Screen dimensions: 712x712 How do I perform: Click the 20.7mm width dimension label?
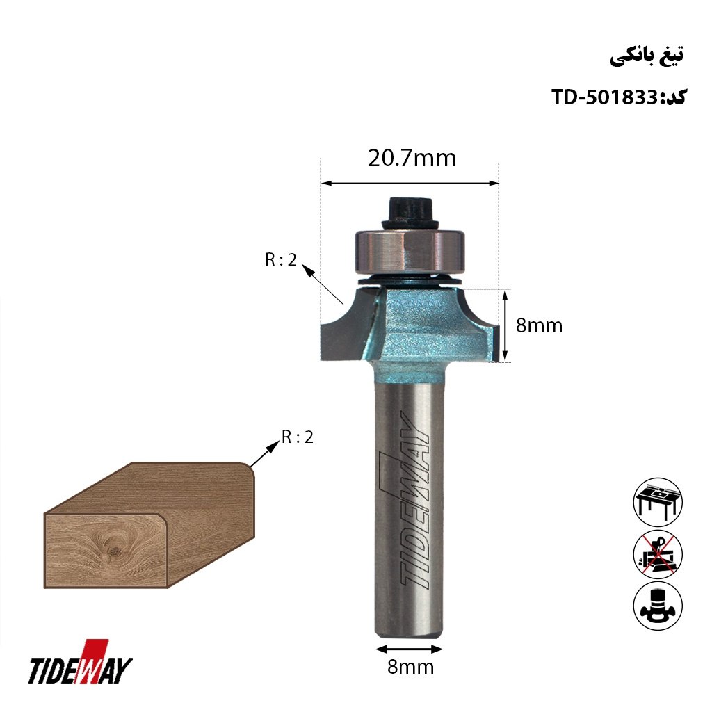(412, 159)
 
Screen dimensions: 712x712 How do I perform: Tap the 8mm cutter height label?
(539, 325)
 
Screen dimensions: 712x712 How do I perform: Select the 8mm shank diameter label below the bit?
(410, 667)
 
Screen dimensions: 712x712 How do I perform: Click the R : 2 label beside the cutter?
(281, 260)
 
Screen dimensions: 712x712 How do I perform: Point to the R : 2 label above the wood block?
(298, 437)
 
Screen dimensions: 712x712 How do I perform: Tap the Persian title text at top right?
(647, 56)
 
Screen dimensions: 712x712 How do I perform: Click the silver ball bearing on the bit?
(409, 251)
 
